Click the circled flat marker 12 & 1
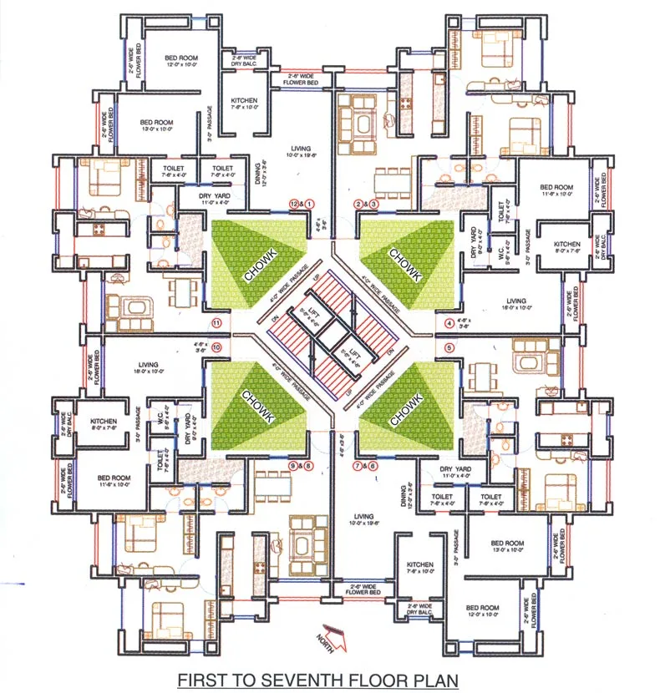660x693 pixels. tap(302, 203)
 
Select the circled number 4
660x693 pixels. tap(449, 323)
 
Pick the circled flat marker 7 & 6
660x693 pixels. tap(365, 466)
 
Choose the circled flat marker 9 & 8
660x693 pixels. tap(301, 465)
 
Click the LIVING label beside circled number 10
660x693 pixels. tap(149, 364)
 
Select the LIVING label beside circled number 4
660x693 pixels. tap(518, 301)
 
